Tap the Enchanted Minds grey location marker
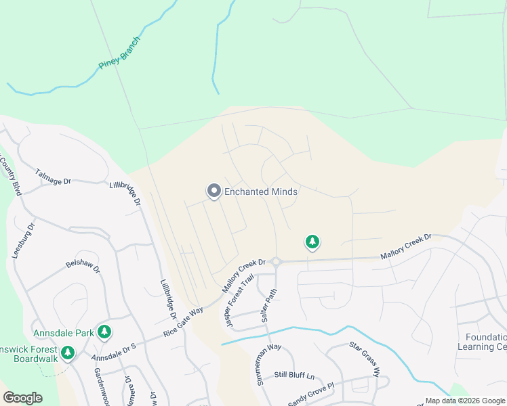point(214,191)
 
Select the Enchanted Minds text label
point(261,192)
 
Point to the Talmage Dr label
point(53,177)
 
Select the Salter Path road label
point(269,306)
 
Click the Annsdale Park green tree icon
point(104,331)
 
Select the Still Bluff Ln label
point(294,376)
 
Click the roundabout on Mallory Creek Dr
point(276,262)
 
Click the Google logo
point(22,398)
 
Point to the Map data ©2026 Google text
point(465,401)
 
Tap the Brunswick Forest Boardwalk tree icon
point(67,353)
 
